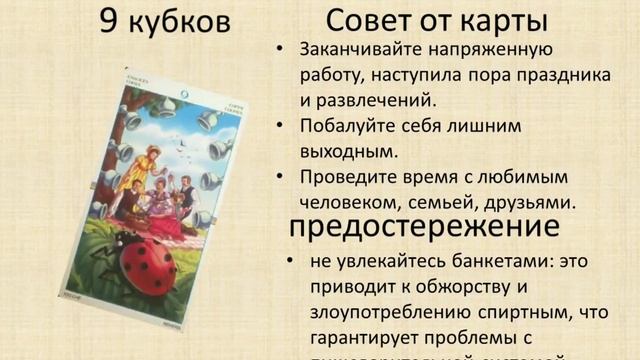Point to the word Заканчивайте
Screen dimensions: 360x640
pyautogui.click(x=354, y=50)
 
